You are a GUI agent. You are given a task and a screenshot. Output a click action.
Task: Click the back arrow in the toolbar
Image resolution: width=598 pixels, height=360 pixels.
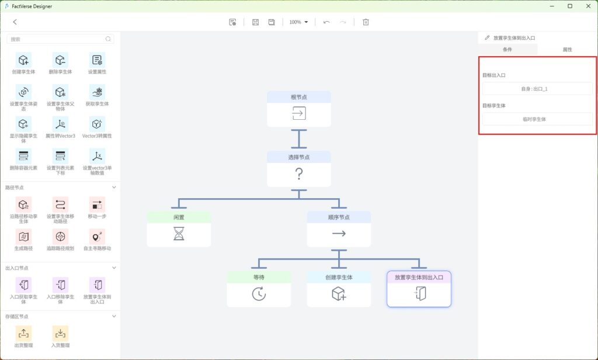[x=15, y=22]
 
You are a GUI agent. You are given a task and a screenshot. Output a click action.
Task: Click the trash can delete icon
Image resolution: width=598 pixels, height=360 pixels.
[x=366, y=22]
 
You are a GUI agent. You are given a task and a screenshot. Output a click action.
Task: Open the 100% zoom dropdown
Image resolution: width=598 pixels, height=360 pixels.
[x=298, y=22]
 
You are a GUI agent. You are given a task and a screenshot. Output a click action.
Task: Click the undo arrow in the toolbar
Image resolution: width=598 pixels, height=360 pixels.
[x=326, y=22]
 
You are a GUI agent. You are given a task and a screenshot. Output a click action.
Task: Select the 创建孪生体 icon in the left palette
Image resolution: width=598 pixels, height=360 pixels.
[x=23, y=60]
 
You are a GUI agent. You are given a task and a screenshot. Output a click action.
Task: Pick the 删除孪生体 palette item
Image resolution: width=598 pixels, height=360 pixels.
[x=60, y=60]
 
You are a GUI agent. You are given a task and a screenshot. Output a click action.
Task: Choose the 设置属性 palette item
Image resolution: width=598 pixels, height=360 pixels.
[x=97, y=60]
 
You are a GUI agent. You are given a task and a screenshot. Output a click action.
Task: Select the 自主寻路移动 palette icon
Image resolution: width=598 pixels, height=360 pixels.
[x=97, y=237]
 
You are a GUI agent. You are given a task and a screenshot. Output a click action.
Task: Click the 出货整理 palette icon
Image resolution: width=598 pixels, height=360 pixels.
[x=23, y=334]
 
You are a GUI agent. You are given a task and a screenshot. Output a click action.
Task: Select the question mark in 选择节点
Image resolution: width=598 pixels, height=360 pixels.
[x=298, y=174]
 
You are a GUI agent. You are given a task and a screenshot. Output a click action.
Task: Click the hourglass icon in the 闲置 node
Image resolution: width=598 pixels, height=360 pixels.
[x=178, y=234]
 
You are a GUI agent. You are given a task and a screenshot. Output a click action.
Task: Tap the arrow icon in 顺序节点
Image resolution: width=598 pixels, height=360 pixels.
[x=339, y=234]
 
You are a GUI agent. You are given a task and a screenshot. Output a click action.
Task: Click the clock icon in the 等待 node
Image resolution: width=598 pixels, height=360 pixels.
[x=259, y=295]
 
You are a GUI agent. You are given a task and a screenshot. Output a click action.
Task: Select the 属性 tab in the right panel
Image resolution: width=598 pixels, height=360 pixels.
[x=567, y=50]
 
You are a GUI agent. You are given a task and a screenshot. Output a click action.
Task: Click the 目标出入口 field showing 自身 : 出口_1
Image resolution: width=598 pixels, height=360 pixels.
[x=537, y=89]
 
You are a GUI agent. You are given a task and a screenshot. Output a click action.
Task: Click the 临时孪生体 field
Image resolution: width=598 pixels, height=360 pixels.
[x=537, y=119]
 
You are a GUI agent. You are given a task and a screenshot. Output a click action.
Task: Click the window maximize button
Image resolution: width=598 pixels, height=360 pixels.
[x=570, y=6]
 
